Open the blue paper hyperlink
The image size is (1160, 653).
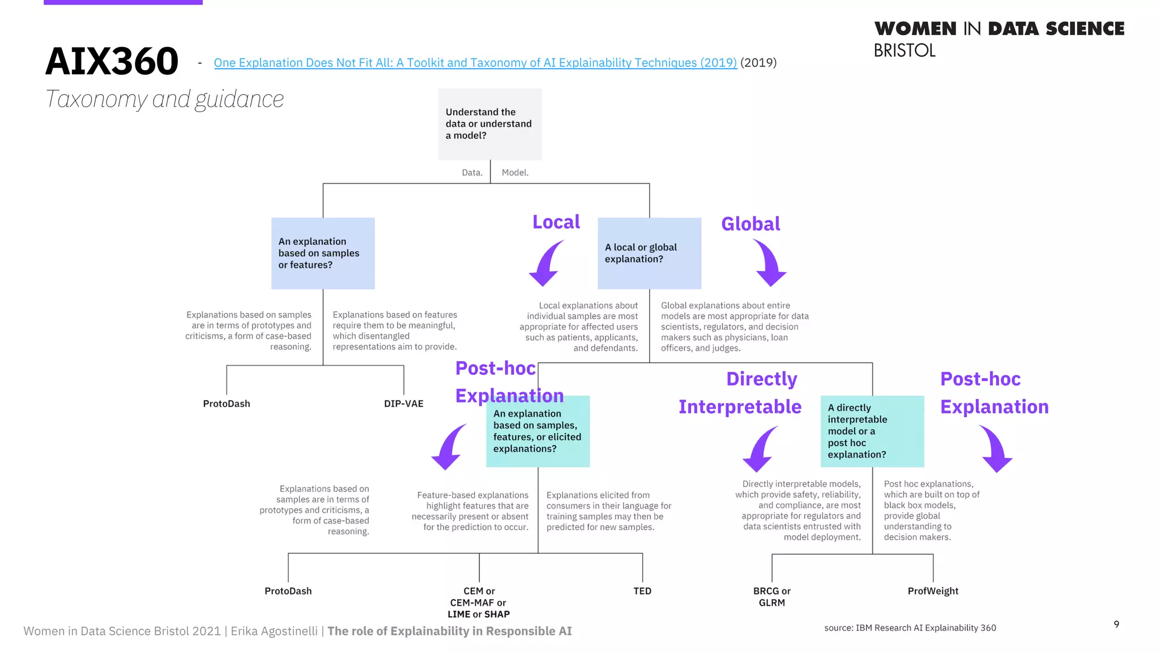475,63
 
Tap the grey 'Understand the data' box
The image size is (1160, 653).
490,124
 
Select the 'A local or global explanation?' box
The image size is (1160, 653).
649,253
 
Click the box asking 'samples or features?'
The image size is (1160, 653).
323,253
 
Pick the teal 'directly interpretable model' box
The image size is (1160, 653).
872,431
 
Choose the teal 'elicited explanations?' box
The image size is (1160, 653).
538,431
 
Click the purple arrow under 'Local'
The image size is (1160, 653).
545,263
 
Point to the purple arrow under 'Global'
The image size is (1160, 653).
770,262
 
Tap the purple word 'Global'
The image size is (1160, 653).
750,224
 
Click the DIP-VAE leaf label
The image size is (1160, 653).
403,404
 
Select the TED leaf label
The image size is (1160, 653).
642,591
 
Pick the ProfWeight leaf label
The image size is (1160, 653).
933,591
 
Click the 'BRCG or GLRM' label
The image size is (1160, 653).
771,596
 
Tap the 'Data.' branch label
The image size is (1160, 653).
472,172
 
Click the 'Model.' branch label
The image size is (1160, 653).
515,172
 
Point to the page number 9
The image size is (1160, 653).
1116,624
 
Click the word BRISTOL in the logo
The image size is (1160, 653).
905,50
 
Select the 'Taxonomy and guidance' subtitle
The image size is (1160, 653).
164,99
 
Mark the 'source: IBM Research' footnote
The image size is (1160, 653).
910,627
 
